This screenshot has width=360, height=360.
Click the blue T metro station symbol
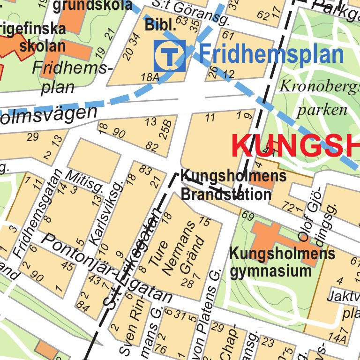coord(170,56)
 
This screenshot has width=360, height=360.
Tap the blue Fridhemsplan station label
coord(271,54)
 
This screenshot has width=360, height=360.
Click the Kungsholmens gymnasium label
coord(282,262)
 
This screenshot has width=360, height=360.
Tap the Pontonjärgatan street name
coord(108,268)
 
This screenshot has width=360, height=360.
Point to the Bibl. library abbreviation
coord(160,25)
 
